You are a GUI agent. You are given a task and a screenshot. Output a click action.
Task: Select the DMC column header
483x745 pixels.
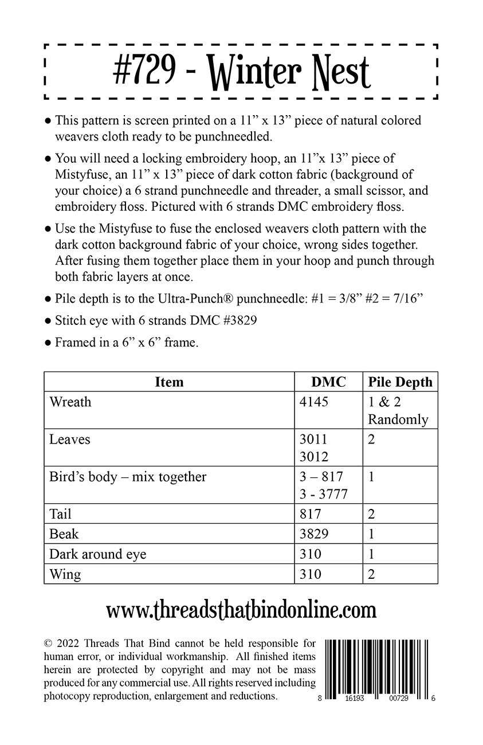click(x=328, y=382)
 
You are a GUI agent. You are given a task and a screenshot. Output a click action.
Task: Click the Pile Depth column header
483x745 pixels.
click(x=400, y=382)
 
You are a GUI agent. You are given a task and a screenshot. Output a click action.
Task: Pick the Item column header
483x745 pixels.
click(x=169, y=382)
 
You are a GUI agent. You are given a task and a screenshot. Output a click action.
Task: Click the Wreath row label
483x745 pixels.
click(x=70, y=402)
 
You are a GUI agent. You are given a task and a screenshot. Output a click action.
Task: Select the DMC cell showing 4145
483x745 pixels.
click(x=314, y=402)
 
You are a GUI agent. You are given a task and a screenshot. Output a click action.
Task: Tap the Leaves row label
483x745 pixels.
click(x=70, y=440)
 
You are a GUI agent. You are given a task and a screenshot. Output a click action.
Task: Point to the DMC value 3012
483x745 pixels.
click(x=314, y=457)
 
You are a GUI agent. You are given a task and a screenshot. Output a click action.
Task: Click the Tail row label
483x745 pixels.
click(x=60, y=514)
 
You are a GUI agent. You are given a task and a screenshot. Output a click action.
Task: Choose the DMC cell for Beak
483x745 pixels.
click(x=314, y=534)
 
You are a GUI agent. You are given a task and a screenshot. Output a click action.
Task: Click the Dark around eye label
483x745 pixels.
click(x=97, y=554)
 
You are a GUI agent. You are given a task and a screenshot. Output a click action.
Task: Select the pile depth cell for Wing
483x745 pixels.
click(x=371, y=574)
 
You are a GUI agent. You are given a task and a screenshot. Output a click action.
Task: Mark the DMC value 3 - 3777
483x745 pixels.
click(x=323, y=494)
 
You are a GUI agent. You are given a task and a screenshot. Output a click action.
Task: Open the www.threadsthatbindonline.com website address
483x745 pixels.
click(x=241, y=610)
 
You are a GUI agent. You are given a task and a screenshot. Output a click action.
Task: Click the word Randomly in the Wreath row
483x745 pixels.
click(x=398, y=419)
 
